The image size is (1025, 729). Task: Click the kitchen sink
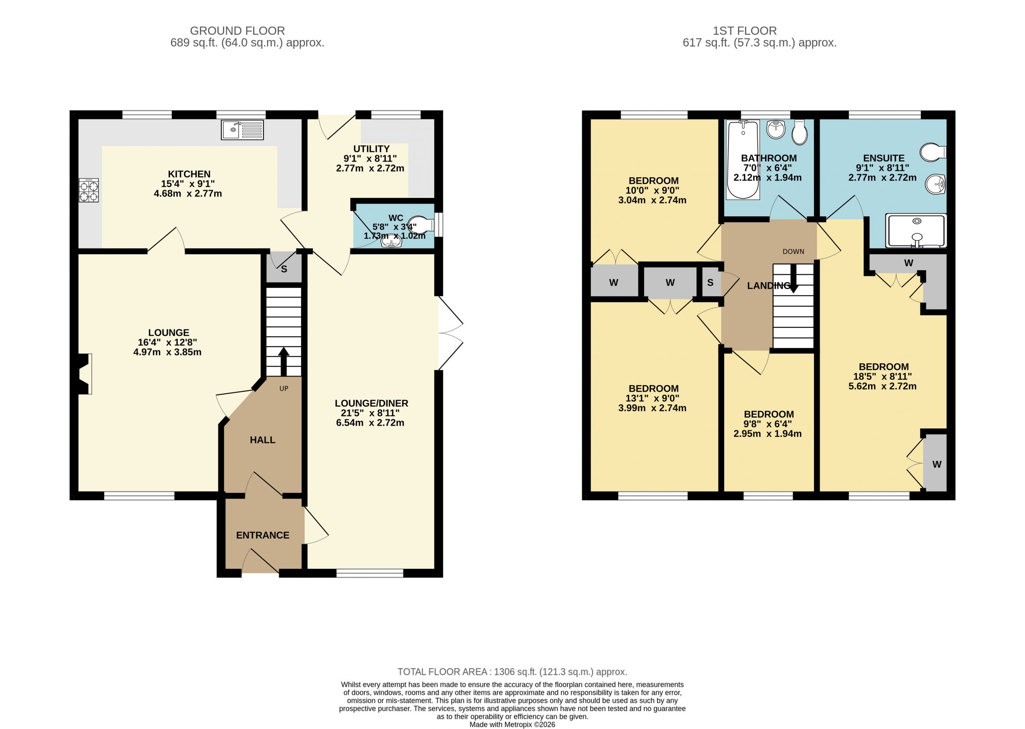[x=243, y=130]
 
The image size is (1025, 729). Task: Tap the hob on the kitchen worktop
[x=88, y=190]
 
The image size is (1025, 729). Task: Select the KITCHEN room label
[x=189, y=174]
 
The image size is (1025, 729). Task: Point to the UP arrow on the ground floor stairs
[x=284, y=361]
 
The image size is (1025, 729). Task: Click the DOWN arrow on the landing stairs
[x=793, y=278]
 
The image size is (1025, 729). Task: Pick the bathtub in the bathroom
[x=743, y=159]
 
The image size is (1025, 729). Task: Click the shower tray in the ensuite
[x=916, y=231]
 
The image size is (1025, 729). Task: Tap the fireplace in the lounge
[x=85, y=374]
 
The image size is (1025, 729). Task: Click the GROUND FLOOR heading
[x=237, y=31]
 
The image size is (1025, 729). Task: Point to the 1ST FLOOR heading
[x=745, y=31]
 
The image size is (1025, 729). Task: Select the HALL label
[x=263, y=440]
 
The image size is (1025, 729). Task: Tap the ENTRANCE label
[x=263, y=535]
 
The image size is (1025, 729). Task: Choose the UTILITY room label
[x=371, y=149]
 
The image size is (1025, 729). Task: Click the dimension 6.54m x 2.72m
[x=370, y=422]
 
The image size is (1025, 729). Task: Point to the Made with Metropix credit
[x=512, y=725]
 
